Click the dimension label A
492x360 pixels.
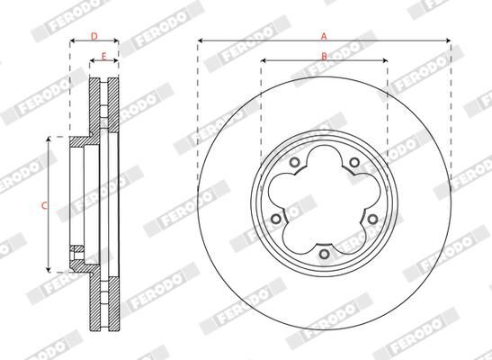pos(323,36)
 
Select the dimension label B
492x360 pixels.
pos(324,56)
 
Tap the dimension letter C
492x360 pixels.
pos(45,205)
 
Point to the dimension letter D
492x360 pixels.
pos(94,36)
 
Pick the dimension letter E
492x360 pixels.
pos(104,57)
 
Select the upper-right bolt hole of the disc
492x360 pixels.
pos(354,163)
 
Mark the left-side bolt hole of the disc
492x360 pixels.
pos(273,220)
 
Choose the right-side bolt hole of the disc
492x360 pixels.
pos(373,220)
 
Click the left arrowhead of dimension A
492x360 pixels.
pos(201,41)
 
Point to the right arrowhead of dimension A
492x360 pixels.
pos(446,41)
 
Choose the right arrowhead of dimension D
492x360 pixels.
pos(116,42)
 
